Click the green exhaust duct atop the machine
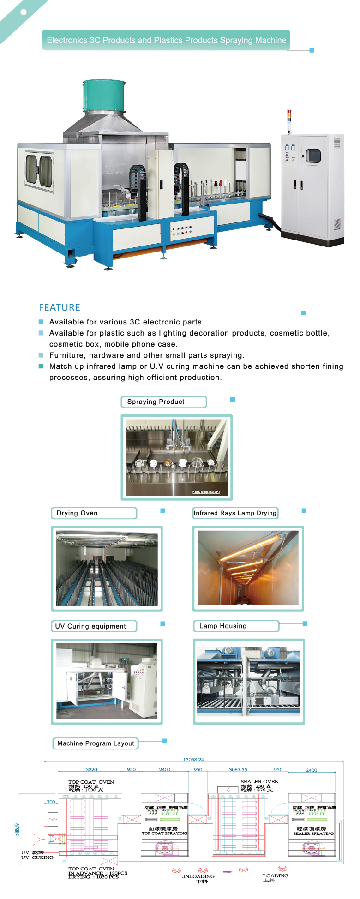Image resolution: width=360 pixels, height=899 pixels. tap(104, 96)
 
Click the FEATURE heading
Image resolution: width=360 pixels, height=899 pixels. tap(60, 307)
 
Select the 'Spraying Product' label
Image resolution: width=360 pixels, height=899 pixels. tap(156, 402)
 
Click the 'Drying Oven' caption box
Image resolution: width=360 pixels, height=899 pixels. tap(77, 513)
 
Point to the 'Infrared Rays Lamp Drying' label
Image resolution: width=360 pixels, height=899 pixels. tap(235, 513)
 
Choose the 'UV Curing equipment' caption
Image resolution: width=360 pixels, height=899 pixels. tap(90, 626)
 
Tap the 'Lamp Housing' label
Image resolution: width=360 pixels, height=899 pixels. tap(223, 626)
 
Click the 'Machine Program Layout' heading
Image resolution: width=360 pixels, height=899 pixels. tap(96, 743)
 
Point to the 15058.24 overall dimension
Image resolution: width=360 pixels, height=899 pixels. tap(193, 759)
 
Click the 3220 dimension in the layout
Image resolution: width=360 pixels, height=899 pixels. tap(91, 769)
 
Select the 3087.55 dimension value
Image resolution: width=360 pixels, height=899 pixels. tap(238, 769)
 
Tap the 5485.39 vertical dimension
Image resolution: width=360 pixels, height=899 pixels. tap(18, 829)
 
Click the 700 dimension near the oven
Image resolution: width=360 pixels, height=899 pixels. tap(51, 802)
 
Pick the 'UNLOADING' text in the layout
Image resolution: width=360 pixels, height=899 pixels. tap(198, 876)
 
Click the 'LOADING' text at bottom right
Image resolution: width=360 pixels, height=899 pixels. tap(276, 875)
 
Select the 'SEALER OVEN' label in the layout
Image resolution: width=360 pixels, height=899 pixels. tap(259, 782)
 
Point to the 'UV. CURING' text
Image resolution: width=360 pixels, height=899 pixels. tap(37, 857)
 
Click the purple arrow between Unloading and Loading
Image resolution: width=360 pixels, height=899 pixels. tap(228, 872)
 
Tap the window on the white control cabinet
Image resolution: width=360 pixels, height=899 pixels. tap(313, 156)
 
